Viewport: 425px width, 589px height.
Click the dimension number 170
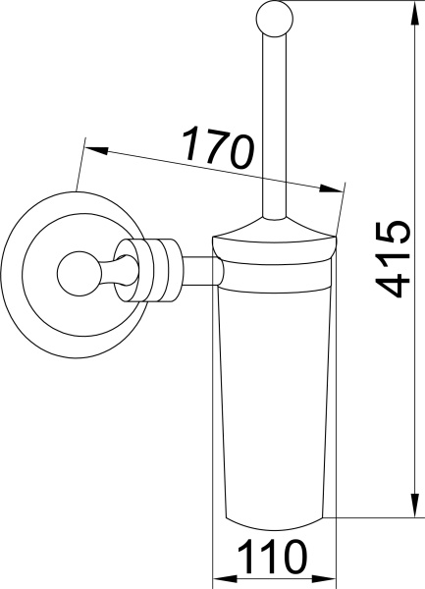219,148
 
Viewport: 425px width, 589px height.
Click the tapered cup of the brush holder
276,393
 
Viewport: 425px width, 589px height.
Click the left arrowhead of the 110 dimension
221,577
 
